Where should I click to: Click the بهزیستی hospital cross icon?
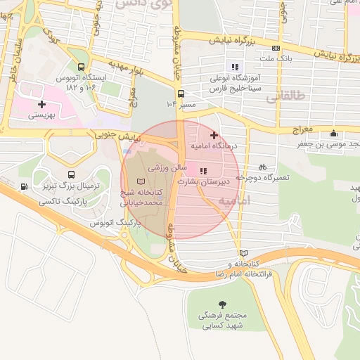(41, 104)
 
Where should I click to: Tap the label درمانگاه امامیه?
(215, 146)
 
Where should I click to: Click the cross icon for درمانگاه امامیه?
(214, 134)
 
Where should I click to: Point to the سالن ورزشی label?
(167, 169)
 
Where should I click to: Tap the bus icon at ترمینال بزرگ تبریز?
(71, 174)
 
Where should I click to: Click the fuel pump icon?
(25, 186)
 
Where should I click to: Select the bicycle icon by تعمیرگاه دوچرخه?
(262, 167)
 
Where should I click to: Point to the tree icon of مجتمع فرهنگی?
(223, 304)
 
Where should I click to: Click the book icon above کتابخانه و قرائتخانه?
(243, 253)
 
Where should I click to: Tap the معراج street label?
(300, 131)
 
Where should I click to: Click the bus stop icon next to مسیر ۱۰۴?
(181, 93)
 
